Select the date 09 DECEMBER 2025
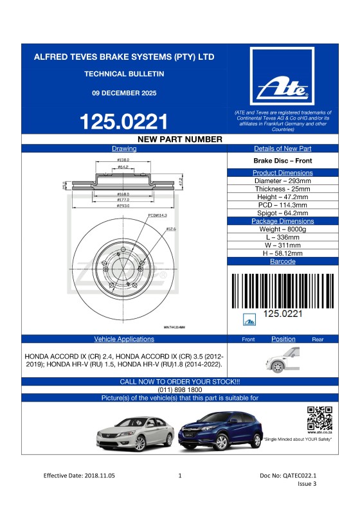tap(124, 93)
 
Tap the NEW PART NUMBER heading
tap(180, 139)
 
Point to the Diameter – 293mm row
tap(283, 181)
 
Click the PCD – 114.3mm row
tap(283, 205)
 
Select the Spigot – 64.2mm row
tap(283, 213)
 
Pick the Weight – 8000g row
tap(283, 229)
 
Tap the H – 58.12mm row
tap(283, 253)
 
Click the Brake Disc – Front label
tap(283, 161)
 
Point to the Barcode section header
tap(283, 262)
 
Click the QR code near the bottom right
tap(319, 418)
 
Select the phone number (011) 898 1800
tap(180, 389)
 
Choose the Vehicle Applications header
tap(124, 339)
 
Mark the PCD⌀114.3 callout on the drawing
tap(157, 216)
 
